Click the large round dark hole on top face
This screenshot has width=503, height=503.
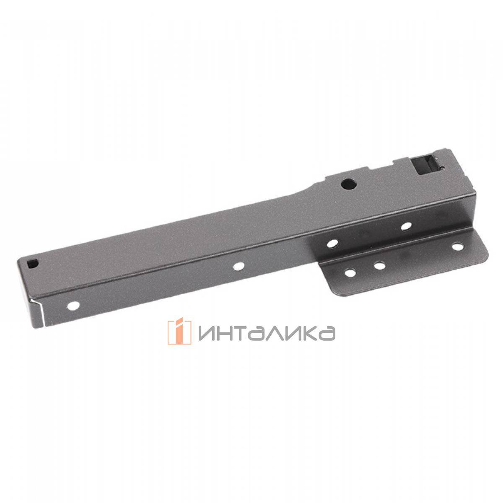point(348,183)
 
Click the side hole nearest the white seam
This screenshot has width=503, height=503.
point(75,305)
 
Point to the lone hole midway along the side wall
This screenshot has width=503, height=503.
point(239,266)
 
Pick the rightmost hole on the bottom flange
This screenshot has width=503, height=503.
point(456,247)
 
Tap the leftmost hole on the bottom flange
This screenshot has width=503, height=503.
point(350,273)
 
